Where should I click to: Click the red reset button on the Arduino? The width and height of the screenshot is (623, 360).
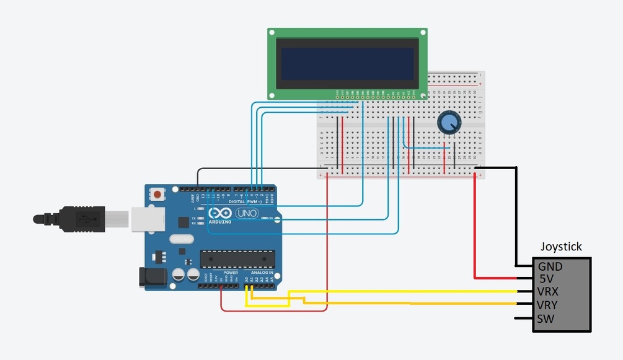[157, 195]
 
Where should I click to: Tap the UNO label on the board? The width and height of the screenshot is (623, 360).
[248, 213]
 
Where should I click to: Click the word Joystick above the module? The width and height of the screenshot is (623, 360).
[561, 247]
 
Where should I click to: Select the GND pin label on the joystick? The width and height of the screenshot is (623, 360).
[550, 266]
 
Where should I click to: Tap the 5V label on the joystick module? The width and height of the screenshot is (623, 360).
[546, 279]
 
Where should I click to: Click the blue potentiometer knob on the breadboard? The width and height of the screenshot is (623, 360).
[448, 123]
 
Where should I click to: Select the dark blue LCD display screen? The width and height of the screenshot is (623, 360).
[347, 64]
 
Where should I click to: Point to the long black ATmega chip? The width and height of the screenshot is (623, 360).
[237, 259]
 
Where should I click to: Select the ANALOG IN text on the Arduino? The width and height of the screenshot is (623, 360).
[263, 273]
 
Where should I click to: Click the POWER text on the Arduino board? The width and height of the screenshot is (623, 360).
[231, 273]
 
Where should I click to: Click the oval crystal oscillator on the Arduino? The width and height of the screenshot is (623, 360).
[181, 239]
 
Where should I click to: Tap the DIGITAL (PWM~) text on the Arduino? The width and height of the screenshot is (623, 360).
[239, 201]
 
